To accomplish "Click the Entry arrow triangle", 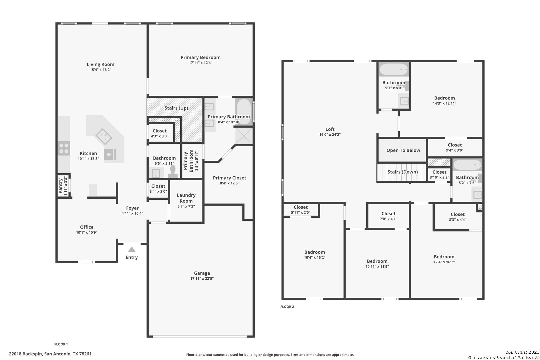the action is coord(132,249).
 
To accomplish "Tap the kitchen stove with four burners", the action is coord(64,148).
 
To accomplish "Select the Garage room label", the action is coord(202,273).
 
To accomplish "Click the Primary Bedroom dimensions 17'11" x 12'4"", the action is coord(201,63).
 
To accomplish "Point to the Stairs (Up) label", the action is coord(176,108).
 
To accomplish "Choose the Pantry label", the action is coord(61,186).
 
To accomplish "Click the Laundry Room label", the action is coord(186,198).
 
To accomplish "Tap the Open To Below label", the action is coord(403,150).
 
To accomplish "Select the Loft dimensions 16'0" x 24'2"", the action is coord(330,135).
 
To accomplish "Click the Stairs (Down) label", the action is coord(403,172).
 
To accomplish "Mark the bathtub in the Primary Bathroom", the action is coord(244,112).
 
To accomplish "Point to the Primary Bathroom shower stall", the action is coord(244,136).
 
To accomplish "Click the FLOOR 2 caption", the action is coord(287,307).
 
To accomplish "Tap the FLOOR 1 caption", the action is coord(61,344).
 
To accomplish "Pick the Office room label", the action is coord(87,227).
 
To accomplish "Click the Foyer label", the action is coord(132,208).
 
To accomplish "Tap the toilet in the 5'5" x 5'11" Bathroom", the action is coord(173,171).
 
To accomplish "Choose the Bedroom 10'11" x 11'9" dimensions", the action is coord(377,266).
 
